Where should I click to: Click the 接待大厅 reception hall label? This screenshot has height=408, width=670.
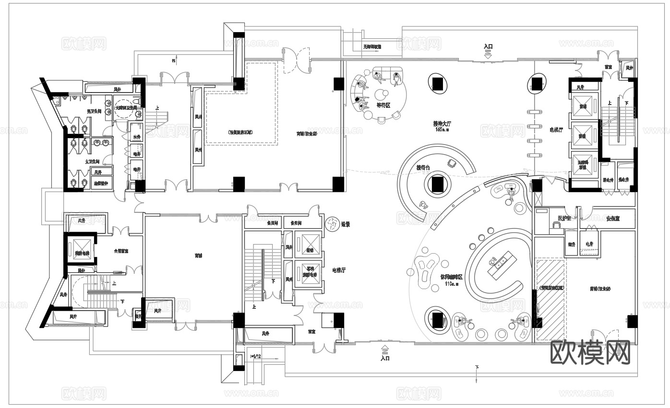(x=442, y=123)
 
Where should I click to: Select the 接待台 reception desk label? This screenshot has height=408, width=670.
(x=423, y=167)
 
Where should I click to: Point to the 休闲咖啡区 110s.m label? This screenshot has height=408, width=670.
(x=451, y=278)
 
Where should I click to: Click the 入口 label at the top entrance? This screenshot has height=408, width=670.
(x=488, y=47)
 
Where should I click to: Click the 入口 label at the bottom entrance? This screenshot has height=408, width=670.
(x=384, y=358)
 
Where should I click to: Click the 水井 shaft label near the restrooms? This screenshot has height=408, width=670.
(x=137, y=138)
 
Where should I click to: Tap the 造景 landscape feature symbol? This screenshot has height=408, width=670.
(x=332, y=223)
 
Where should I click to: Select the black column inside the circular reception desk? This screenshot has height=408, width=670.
(x=437, y=184)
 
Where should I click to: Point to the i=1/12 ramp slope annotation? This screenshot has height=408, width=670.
(x=256, y=356)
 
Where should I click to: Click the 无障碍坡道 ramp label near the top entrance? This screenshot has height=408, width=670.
(x=372, y=47)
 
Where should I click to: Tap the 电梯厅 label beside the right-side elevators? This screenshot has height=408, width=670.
(x=557, y=129)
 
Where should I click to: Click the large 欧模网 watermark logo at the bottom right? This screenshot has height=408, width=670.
(x=590, y=353)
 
